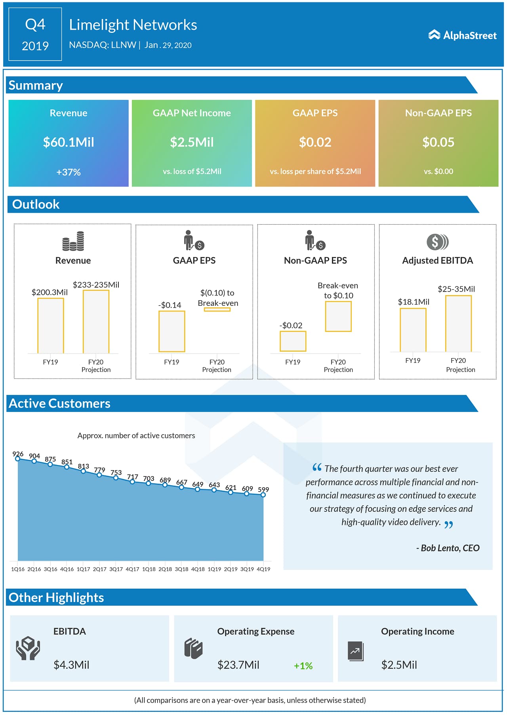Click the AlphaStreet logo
[x=462, y=35]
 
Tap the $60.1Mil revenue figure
[x=69, y=142]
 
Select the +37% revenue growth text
[x=69, y=172]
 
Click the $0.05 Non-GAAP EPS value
[x=438, y=142]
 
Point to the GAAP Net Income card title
[x=192, y=113]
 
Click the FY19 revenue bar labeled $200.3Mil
[x=51, y=326]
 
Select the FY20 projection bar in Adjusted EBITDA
[x=458, y=324]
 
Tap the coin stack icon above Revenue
[x=73, y=241]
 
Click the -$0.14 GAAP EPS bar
[x=172, y=331]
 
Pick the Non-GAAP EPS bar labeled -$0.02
[x=293, y=341]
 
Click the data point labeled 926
[x=17, y=459]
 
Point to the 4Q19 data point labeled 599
[x=263, y=494]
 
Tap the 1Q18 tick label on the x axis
[x=149, y=569]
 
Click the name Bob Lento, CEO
[x=448, y=548]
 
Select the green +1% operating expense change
[x=303, y=666]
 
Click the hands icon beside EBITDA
[x=28, y=648]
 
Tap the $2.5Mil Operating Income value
[x=399, y=665]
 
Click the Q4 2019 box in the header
[x=35, y=34]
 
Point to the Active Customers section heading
[x=59, y=403]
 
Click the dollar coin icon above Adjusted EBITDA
[x=437, y=242]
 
